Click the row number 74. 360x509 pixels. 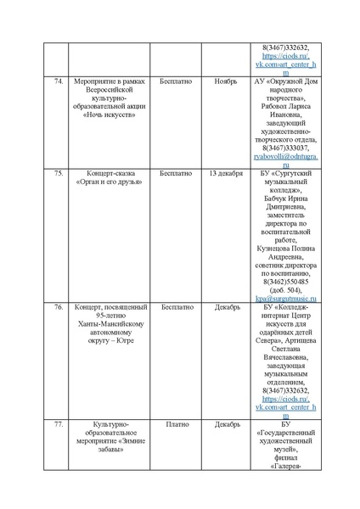[59, 81]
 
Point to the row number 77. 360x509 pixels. [59, 423]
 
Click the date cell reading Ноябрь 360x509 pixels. [225, 81]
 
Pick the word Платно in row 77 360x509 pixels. [177, 423]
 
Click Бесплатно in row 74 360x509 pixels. [177, 81]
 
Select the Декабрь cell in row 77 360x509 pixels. [225, 423]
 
